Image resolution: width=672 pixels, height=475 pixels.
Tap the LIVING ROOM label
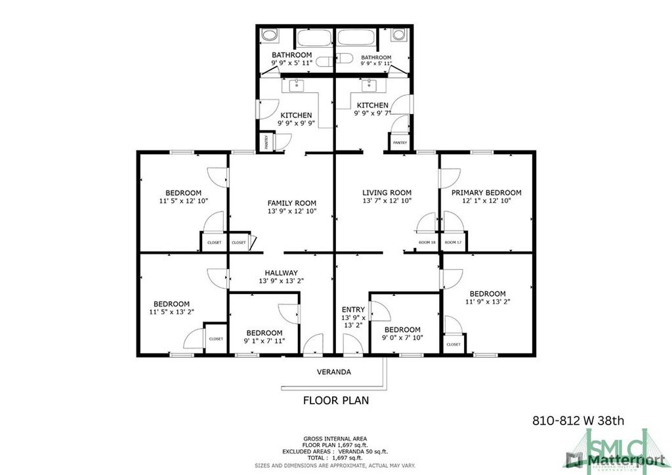[x=387, y=192]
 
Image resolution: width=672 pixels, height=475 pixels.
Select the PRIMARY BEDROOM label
[x=486, y=192]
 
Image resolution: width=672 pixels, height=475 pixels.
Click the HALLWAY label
[x=281, y=273]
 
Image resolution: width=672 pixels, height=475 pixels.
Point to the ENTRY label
[x=353, y=310]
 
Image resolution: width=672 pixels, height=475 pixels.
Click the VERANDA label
[x=334, y=372]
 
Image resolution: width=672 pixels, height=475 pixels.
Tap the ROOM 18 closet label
[x=427, y=243]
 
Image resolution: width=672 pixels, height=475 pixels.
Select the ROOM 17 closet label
[x=453, y=243]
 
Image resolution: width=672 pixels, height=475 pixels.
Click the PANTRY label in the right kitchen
[x=400, y=142]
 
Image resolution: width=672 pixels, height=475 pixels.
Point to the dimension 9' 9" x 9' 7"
[x=372, y=113]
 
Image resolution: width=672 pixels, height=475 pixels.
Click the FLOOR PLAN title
[x=335, y=400]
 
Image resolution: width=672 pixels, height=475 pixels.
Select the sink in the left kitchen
[x=296, y=85]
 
